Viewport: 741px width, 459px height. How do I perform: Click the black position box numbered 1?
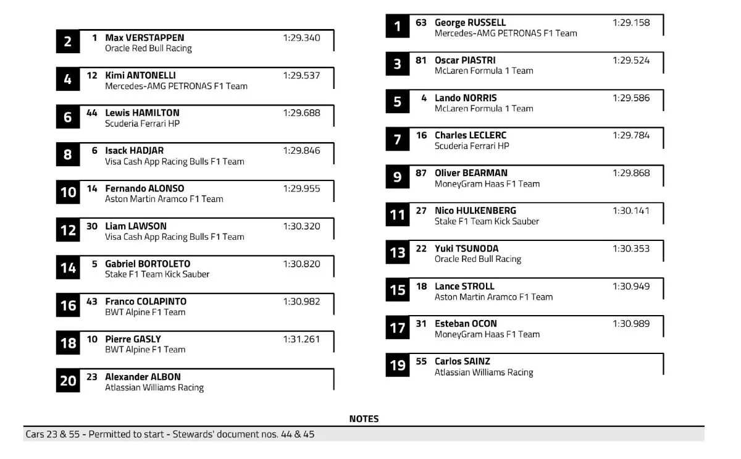(x=397, y=26)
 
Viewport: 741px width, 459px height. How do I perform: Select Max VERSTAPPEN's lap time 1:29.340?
(x=301, y=38)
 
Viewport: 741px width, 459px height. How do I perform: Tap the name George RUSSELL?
(x=470, y=23)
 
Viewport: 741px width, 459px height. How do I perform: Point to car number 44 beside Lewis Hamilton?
(x=92, y=113)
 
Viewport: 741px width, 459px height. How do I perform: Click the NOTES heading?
(x=364, y=419)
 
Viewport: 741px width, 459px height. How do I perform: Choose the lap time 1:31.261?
(x=301, y=339)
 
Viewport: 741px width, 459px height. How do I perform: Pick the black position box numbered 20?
(x=68, y=381)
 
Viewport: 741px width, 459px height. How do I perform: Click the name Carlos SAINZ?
(x=462, y=361)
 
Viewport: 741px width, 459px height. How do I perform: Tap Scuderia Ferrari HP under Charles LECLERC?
(x=472, y=146)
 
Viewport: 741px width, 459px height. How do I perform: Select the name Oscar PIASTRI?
(x=465, y=61)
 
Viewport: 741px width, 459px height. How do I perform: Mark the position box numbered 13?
(x=397, y=252)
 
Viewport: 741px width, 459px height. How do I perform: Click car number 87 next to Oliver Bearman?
(x=421, y=173)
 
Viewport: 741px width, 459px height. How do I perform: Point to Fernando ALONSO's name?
(x=144, y=188)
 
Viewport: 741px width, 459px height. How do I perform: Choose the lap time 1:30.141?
(x=631, y=211)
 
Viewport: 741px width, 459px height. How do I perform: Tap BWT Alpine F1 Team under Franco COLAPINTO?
(x=145, y=312)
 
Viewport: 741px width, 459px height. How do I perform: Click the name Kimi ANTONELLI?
(x=141, y=75)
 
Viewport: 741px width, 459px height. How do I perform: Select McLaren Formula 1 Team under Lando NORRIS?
(x=484, y=108)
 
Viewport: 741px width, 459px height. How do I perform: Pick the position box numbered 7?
(x=397, y=139)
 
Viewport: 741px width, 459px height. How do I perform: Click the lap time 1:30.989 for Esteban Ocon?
(x=631, y=324)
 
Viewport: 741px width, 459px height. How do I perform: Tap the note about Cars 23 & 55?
(x=170, y=434)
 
